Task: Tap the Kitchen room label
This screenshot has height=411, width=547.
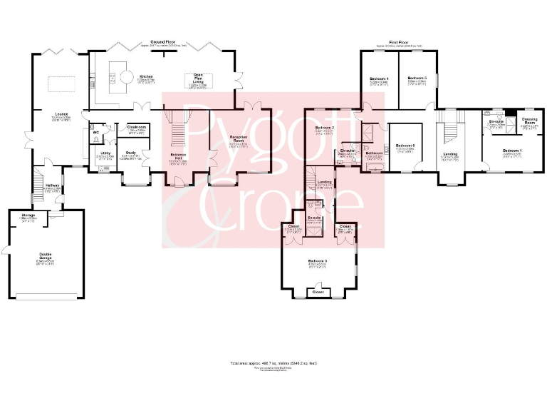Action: (147, 76)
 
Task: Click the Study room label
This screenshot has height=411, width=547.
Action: (131, 153)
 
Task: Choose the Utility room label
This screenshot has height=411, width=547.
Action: (105, 153)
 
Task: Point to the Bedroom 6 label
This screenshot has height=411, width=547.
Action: (405, 146)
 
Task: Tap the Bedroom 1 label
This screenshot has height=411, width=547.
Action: (511, 151)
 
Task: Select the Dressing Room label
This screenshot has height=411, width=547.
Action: (529, 121)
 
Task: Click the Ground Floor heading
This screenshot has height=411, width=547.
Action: (163, 42)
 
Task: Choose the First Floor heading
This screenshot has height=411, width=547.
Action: (399, 42)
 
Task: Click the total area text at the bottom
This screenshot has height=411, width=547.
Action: (273, 363)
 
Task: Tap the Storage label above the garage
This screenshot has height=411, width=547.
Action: (28, 215)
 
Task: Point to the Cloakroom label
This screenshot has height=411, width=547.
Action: (137, 127)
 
